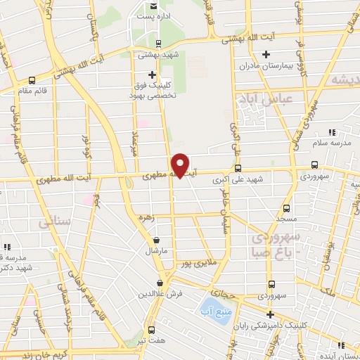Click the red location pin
pos(181,165)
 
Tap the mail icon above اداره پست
pos(153,6)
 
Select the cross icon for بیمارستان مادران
pos(265,54)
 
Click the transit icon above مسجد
pos(286,208)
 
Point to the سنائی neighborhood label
pos(55,221)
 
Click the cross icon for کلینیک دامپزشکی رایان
pos(270,314)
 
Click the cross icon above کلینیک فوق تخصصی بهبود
pos(152,75)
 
